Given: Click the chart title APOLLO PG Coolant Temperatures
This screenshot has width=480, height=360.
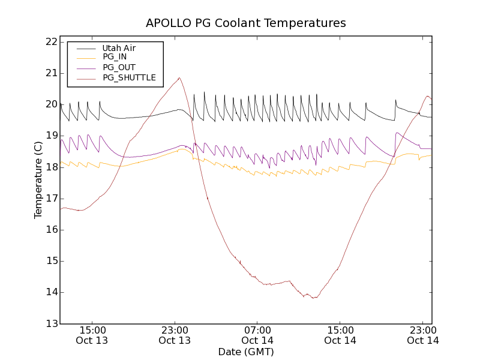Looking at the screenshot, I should coord(246,23).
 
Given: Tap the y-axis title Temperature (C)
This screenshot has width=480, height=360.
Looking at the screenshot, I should coord(38,180).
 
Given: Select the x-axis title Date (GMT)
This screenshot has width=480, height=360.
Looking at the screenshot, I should coord(246,352).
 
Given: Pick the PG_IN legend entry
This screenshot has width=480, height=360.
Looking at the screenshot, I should coord(114,57).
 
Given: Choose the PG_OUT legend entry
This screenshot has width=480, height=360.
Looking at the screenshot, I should coord(119,67).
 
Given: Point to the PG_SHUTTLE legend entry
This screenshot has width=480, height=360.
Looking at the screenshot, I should coord(129,77).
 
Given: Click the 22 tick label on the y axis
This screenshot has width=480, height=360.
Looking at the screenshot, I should coord(50,42).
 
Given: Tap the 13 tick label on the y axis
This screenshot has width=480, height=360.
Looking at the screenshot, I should coord(50,324).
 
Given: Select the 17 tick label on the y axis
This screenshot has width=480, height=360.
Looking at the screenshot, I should coord(50,199).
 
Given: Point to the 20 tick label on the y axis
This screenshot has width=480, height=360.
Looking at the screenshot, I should coord(50,104).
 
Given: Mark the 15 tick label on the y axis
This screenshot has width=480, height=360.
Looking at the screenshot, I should coord(50,261).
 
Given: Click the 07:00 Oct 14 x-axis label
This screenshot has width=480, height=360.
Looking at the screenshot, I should coord(257,335).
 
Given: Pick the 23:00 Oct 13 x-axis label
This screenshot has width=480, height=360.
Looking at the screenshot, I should coord(175,335).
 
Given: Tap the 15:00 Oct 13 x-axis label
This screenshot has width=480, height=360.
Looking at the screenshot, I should coord(92,335).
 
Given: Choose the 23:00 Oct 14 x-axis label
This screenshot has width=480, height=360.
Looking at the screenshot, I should coord(423,335).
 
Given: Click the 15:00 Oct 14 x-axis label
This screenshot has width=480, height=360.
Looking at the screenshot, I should coord(340,335).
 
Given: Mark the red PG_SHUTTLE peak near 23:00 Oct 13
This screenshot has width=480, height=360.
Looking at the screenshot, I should coord(179,77).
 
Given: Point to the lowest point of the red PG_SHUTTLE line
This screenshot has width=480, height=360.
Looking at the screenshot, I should coord(313,298).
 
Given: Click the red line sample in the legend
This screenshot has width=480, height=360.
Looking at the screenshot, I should coord(86,77).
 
